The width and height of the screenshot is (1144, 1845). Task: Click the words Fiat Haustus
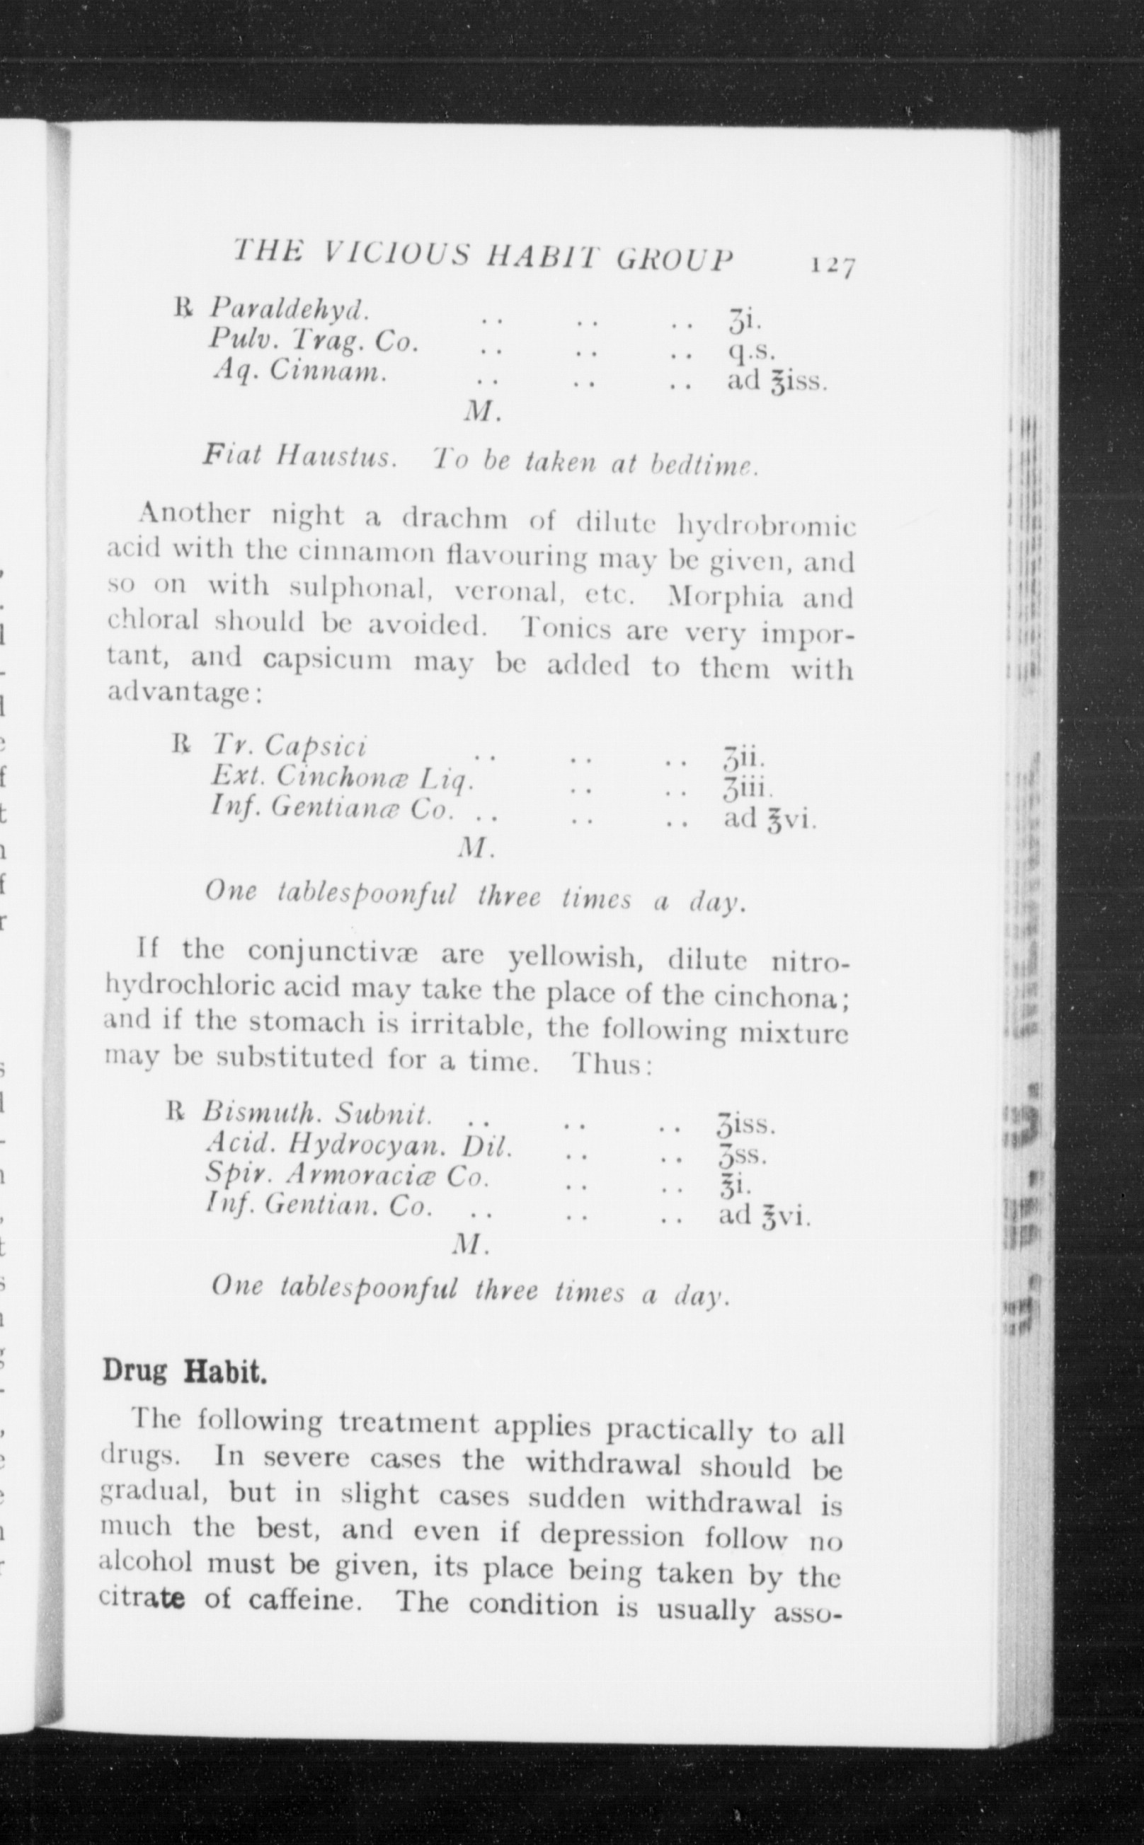point(299,457)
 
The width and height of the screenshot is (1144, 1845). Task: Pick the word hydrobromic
point(765,525)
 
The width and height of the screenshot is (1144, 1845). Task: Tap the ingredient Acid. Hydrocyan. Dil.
point(360,1146)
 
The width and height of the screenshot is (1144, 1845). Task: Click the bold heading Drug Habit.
point(185,1371)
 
